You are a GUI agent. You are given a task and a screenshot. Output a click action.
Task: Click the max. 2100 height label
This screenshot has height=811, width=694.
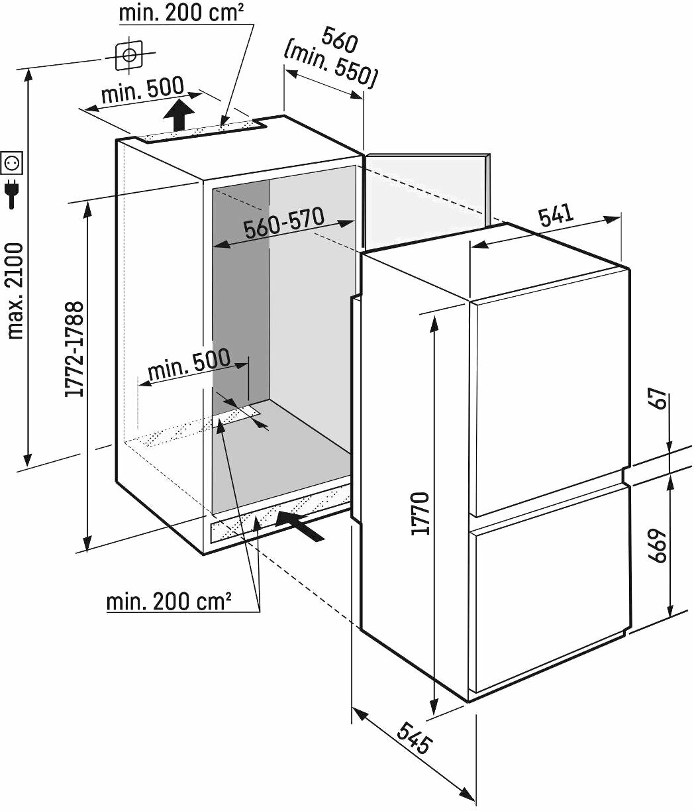click(16, 291)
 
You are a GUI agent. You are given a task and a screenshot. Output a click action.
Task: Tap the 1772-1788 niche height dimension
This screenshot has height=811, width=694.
click(74, 349)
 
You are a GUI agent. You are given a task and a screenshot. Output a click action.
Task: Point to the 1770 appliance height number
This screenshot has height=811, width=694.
click(421, 514)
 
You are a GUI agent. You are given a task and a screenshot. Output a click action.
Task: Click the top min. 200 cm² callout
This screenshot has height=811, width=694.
click(181, 13)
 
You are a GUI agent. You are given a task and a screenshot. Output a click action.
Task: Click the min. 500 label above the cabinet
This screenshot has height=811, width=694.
click(142, 90)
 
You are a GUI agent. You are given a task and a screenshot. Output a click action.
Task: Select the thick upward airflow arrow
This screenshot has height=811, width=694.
click(179, 115)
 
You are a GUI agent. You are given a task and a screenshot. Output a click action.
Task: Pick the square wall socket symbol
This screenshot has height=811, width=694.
click(12, 162)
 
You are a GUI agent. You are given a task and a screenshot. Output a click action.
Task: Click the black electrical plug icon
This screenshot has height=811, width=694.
click(12, 194)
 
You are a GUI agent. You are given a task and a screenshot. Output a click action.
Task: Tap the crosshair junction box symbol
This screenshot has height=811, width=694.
click(129, 55)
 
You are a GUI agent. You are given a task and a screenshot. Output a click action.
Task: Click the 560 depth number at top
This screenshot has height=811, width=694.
click(340, 40)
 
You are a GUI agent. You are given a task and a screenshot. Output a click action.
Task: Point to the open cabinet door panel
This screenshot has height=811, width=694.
click(426, 201)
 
